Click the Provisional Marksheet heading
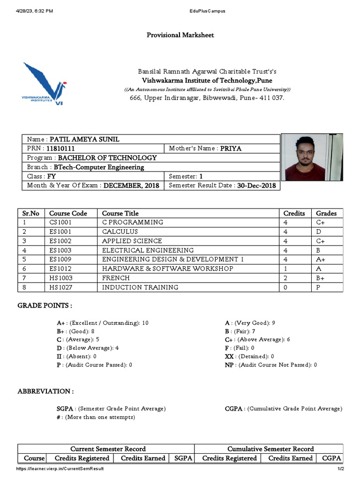pyautogui.click(x=180, y=35)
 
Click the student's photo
pyautogui.click(x=312, y=157)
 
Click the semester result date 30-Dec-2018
pyautogui.click(x=257, y=186)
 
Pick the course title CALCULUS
pyautogui.click(x=120, y=232)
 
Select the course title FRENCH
pyautogui.click(x=115, y=278)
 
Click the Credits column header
pyautogui.click(x=294, y=213)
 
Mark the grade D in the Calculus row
pyautogui.click(x=318, y=232)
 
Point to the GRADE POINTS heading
pyautogui.click(x=45, y=306)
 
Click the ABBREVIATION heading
pyautogui.click(x=45, y=391)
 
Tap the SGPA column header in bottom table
pyautogui.click(x=183, y=458)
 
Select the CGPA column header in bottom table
pyautogui.click(x=330, y=458)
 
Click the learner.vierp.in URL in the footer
pyautogui.click(x=60, y=469)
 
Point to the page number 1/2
pyautogui.click(x=340, y=469)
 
